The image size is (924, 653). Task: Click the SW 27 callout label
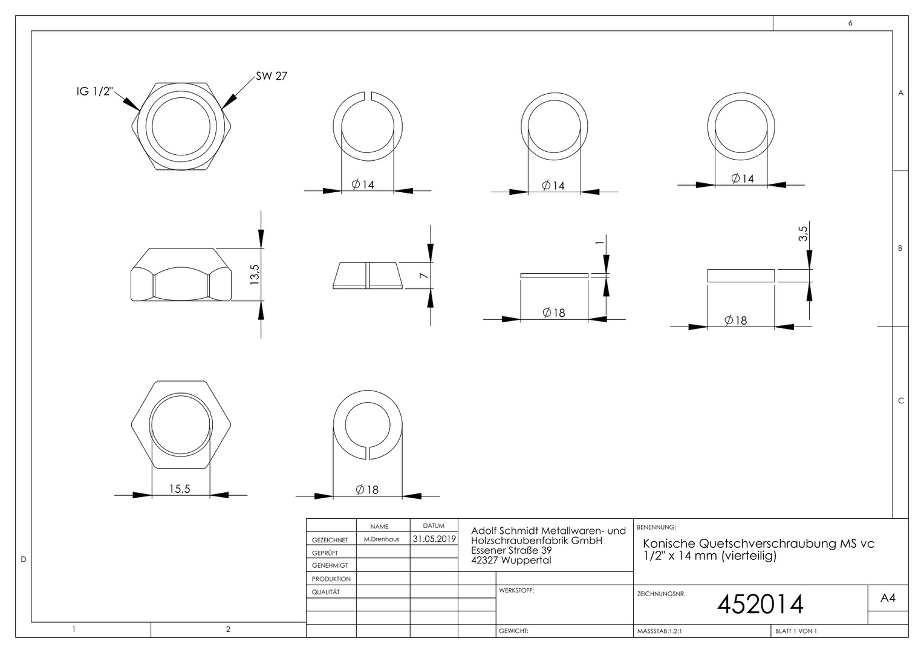272,76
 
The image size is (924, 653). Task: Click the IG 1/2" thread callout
94,91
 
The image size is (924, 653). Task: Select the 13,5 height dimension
255,275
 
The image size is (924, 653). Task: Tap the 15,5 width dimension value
180,489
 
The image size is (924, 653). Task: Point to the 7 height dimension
424,275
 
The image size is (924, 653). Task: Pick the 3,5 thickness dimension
802,233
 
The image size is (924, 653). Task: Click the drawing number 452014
760,604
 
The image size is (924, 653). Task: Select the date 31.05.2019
434,539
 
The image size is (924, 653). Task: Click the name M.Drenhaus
382,539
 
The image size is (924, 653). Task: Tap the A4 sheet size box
888,598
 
